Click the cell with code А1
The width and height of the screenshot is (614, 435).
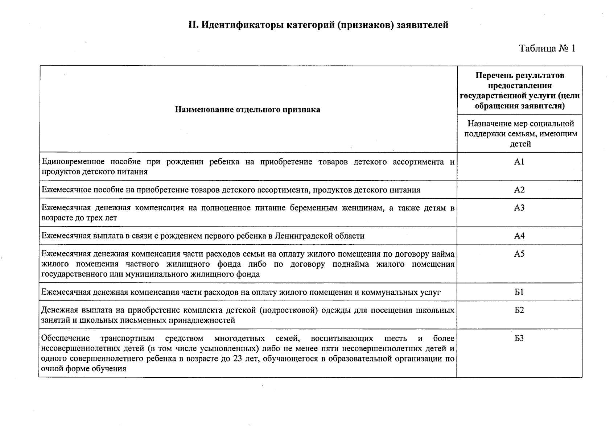point(519,162)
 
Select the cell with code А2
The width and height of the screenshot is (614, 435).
point(519,190)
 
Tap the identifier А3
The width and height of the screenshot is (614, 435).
point(519,208)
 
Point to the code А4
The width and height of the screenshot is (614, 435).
point(519,236)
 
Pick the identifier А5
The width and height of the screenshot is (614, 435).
point(519,254)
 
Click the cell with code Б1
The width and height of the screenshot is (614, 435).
point(519,292)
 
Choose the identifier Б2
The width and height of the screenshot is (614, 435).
point(519,310)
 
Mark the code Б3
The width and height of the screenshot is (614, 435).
point(519,339)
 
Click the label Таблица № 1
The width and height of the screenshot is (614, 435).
point(547,49)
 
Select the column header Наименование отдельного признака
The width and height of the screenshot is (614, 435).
point(247,109)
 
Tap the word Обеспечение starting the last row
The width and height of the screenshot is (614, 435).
point(65,339)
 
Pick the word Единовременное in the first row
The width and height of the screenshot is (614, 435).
point(73,162)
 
